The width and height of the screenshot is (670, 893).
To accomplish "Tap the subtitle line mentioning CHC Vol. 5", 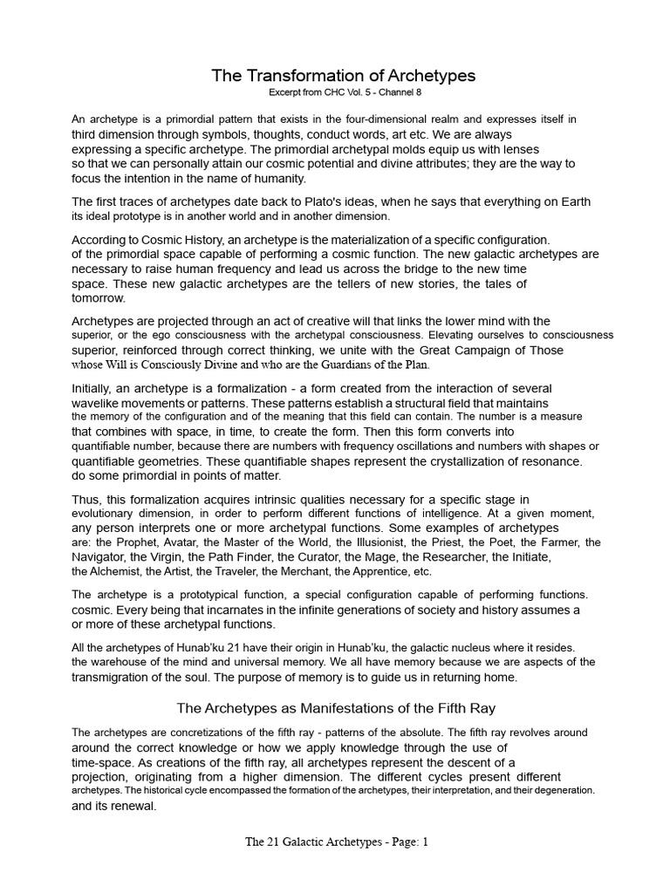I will pos(335,92).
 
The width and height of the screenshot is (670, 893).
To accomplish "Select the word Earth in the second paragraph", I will pos(571,202).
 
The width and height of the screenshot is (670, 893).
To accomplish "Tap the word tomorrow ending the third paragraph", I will pos(97,297).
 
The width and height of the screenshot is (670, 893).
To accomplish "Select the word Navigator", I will pos(101,556).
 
